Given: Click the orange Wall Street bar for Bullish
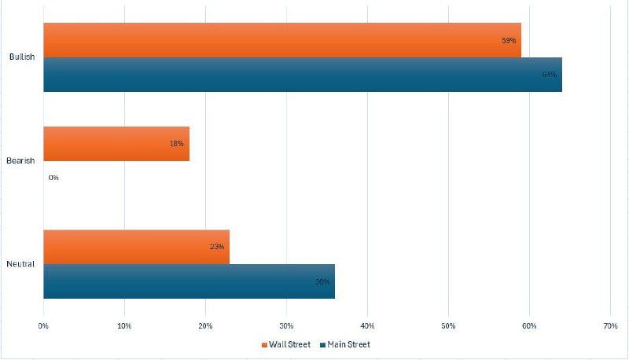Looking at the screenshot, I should tap(281, 40).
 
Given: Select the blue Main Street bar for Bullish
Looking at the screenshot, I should tap(303, 75).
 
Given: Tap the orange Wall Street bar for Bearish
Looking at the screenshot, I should tap(116, 144).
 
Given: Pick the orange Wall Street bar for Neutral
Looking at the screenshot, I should tap(136, 247).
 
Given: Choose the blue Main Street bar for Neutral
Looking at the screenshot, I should tap(189, 281).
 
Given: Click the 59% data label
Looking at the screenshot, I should tap(508, 40).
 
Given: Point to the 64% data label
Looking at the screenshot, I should tap(549, 75).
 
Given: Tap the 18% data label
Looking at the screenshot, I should tap(176, 144).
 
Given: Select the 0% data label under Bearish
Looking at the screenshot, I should tap(53, 178).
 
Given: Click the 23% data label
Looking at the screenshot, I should tap(217, 247).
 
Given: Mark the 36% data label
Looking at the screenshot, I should tap(322, 281).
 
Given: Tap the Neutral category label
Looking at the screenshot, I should tap(21, 264).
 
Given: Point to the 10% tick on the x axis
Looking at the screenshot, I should tap(124, 325).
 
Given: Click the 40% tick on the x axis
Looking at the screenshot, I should tap(367, 325).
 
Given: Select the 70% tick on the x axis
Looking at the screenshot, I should tap(610, 325).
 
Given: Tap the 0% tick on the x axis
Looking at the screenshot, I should tap(44, 325).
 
